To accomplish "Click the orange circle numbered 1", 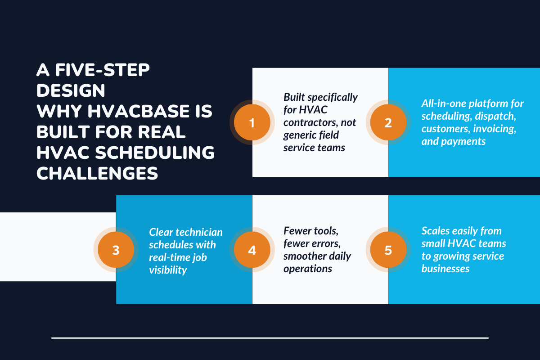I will [x=252, y=122].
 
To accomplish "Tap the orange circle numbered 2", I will [x=388, y=122].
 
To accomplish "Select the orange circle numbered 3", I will [x=116, y=250].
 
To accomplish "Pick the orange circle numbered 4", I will [x=252, y=250].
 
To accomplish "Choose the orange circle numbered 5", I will [x=388, y=250].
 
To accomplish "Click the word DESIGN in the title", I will [x=71, y=90].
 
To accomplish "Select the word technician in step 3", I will [x=198, y=232].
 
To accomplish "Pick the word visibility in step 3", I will [x=168, y=270].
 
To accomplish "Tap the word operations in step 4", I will [x=308, y=269].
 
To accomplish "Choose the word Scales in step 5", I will [x=435, y=231].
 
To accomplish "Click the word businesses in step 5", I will [x=445, y=269].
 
